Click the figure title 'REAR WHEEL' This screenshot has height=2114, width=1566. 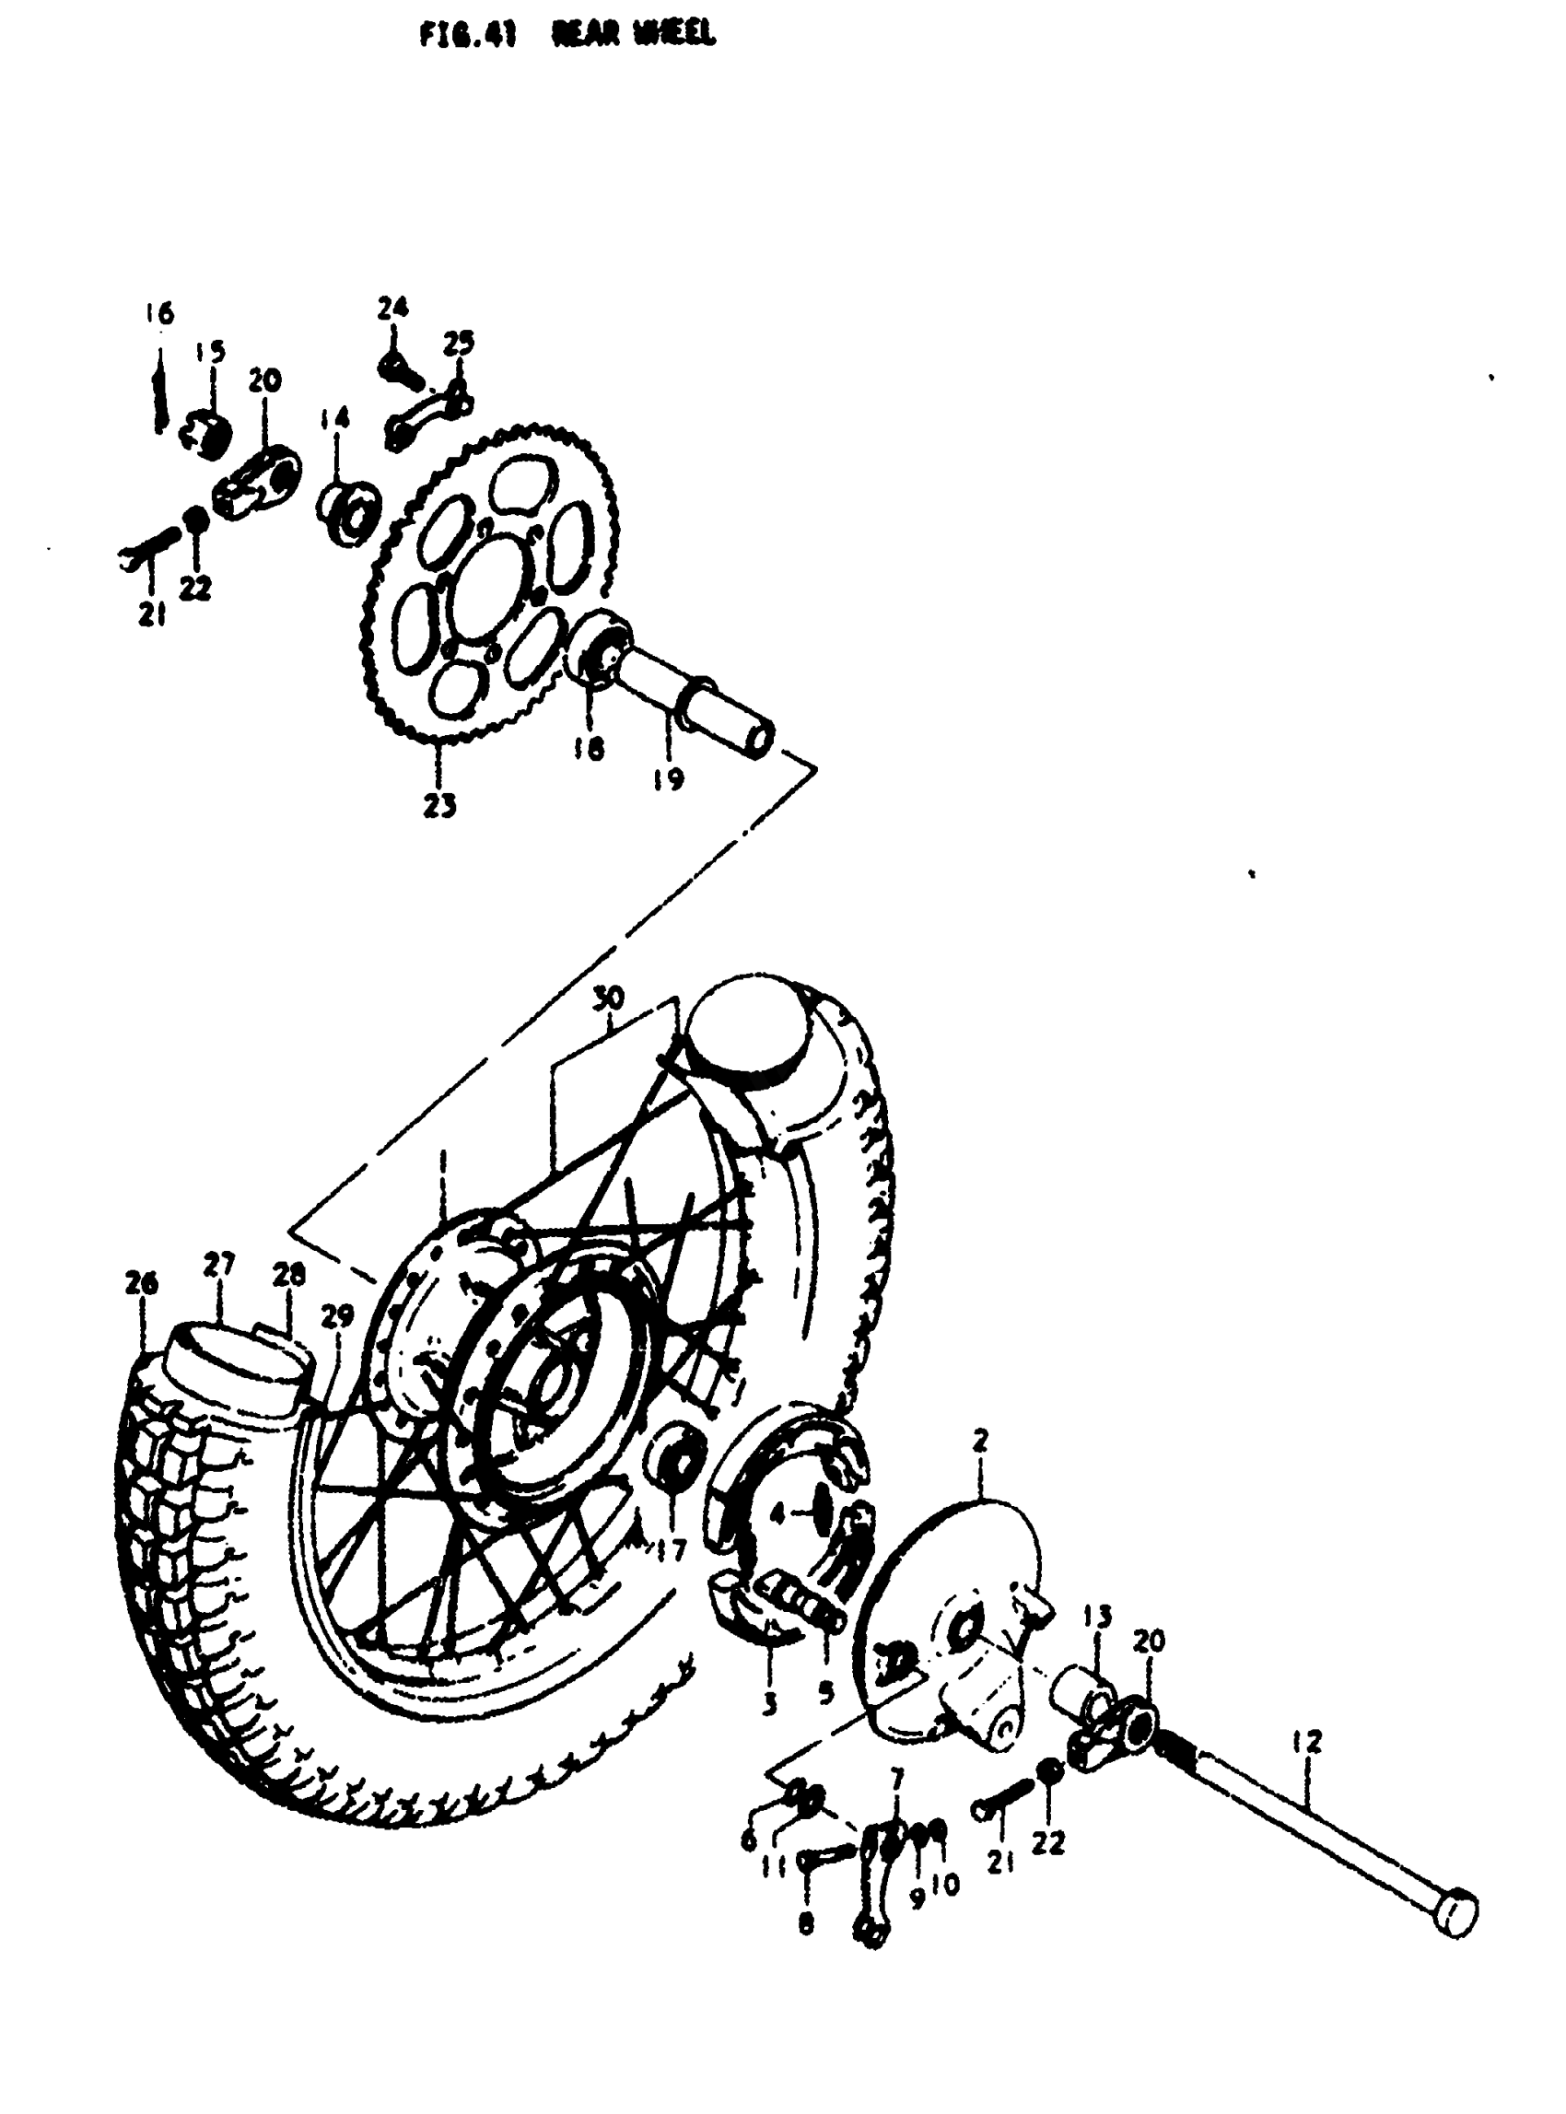coord(634,35)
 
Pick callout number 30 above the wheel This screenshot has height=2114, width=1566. coord(610,998)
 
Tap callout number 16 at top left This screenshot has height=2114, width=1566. coord(159,314)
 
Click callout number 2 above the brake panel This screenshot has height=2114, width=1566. coord(980,1441)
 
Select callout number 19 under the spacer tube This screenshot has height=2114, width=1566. coord(668,779)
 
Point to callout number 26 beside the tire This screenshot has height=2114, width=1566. coord(141,1283)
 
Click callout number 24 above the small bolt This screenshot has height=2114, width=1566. coord(392,307)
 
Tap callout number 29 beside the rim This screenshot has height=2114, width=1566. coord(337,1315)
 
